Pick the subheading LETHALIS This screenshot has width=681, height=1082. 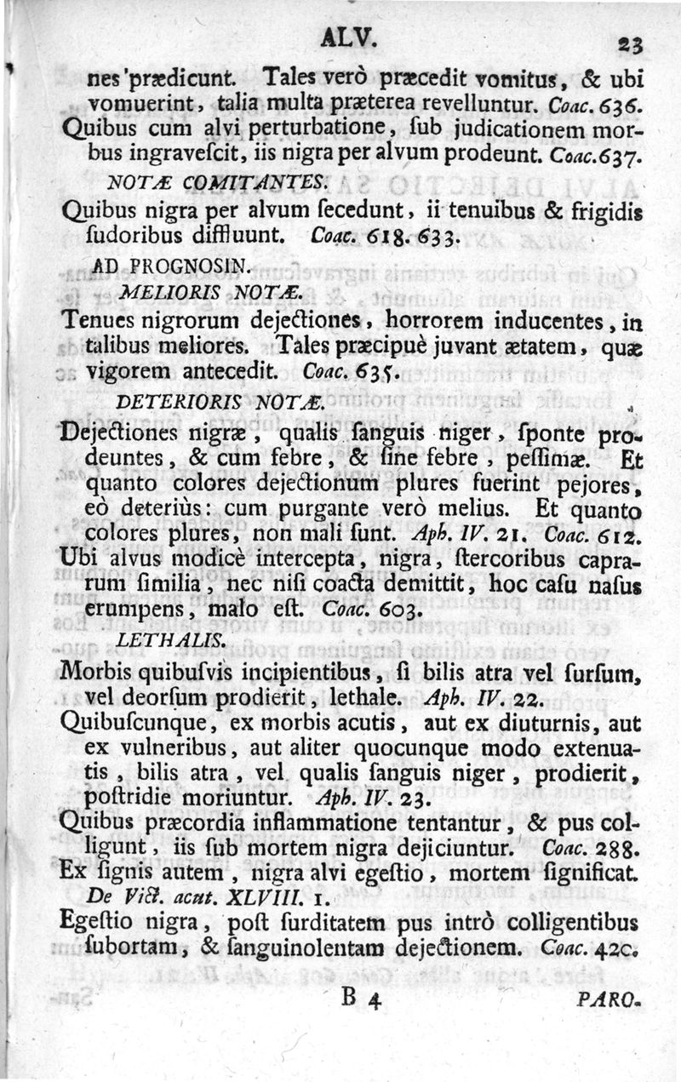pyautogui.click(x=157, y=640)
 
